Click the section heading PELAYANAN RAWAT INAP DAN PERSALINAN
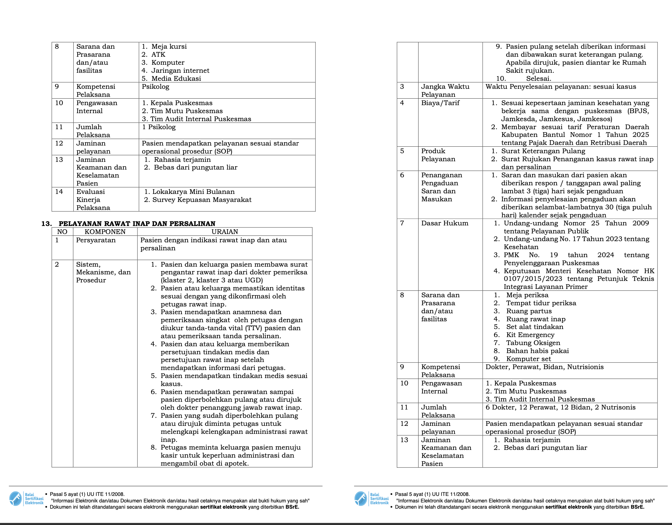(x=137, y=223)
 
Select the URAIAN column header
(x=225, y=232)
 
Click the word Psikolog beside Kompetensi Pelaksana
(x=155, y=86)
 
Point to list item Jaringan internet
(x=180, y=70)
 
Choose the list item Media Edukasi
(x=176, y=78)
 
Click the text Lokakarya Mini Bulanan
(x=193, y=192)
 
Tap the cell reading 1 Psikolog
(x=159, y=127)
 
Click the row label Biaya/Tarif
(x=440, y=103)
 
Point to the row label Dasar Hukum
(x=445, y=223)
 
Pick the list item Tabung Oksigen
(x=533, y=343)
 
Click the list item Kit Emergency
(x=530, y=335)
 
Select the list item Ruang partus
(x=529, y=311)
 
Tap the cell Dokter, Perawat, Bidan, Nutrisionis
(x=544, y=367)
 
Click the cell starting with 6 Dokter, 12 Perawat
(x=560, y=407)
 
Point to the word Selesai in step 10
(x=538, y=78)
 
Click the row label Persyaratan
(x=96, y=240)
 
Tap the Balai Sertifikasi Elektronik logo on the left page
(x=26, y=499)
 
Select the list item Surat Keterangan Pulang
(x=543, y=151)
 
